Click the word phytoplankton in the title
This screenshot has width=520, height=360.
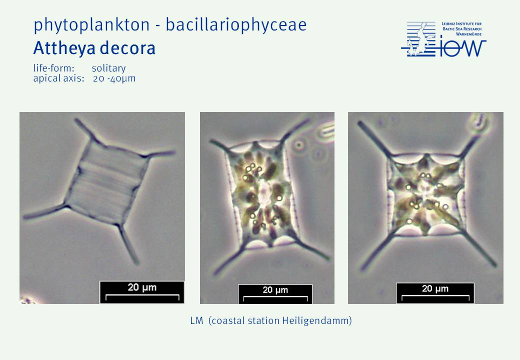91,25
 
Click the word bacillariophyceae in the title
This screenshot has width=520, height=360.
236,25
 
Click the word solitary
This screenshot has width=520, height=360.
109,68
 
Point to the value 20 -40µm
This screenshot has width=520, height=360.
114,78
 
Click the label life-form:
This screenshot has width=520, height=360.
53,68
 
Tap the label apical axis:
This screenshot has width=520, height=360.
58,78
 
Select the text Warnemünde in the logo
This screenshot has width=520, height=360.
468,34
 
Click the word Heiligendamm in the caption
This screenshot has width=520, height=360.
316,321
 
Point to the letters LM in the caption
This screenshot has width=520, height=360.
196,321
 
